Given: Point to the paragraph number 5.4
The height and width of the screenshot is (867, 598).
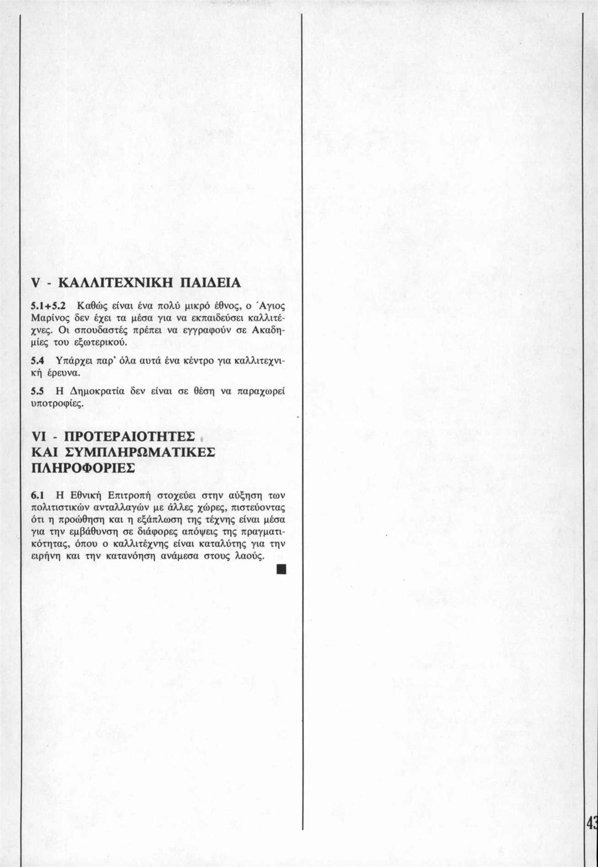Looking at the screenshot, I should [x=38, y=361].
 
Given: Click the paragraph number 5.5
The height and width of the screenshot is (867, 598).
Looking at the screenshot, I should [x=38, y=391].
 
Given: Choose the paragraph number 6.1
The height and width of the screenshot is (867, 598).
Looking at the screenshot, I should [x=38, y=494].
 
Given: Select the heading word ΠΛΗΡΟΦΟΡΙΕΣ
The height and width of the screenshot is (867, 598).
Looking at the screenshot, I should [x=83, y=467].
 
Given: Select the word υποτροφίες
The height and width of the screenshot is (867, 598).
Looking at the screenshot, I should [x=57, y=404].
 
